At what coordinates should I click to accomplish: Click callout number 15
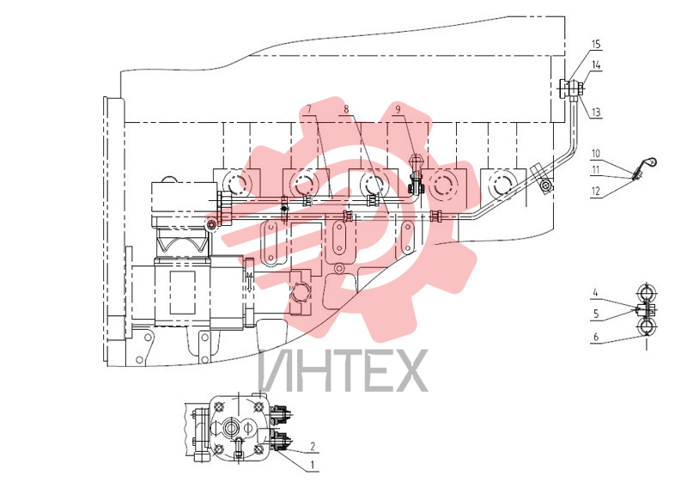[x=595, y=45]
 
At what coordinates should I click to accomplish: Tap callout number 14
[x=596, y=65]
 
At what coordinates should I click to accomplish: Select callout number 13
[x=596, y=113]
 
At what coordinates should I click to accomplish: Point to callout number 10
[x=596, y=154]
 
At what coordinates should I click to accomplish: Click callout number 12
[x=596, y=192]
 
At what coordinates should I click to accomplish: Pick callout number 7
[x=309, y=109]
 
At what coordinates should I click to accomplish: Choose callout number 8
[x=346, y=109]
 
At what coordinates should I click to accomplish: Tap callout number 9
[x=398, y=109]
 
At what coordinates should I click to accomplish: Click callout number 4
[x=595, y=291]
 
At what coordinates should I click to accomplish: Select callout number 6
[x=596, y=337]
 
